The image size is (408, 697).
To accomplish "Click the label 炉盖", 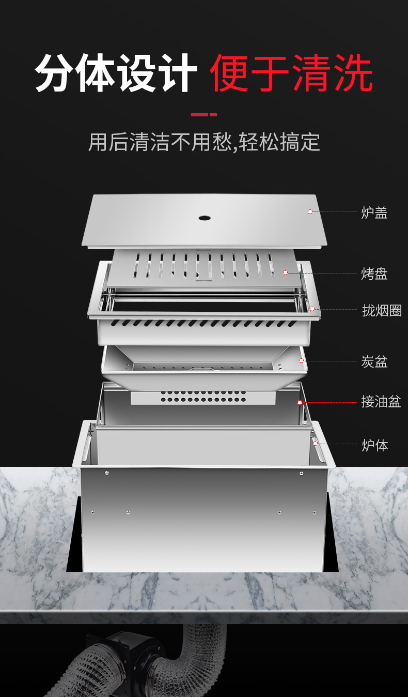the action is coord(374,213).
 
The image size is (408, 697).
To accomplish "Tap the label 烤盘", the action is coord(374,274).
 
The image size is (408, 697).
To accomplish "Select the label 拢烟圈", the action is coord(381,310).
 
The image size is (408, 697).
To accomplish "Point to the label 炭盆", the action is coord(374,361).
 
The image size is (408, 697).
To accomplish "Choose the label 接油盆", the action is coord(381,401).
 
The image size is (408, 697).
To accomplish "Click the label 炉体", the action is coord(374,445).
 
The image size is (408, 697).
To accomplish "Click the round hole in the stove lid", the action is coord(205,217).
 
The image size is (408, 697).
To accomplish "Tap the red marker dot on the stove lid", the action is coord(310,211).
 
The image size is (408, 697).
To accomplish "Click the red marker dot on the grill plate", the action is coord(285,272).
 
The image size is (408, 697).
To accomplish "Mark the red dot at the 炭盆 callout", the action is coord(302,361).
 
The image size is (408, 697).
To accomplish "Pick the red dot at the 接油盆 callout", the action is coord(300,402).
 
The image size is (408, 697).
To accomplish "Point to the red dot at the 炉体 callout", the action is coord(315,443).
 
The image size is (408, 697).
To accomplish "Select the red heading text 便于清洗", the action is coord(291,73).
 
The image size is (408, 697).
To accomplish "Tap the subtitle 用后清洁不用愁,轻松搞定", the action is coord(204,142).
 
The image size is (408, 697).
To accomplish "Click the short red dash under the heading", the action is coord(204,114).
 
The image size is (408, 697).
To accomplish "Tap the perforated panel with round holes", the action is coord(203,397).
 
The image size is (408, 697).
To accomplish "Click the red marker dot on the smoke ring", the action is coord(312,309).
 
